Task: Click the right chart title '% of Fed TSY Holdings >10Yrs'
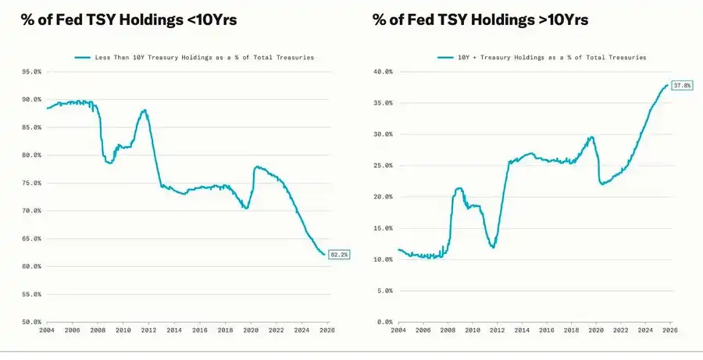tap(480, 20)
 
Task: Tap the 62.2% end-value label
tap(340, 254)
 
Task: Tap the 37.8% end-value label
tap(682, 85)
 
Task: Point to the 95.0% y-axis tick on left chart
tap(31, 72)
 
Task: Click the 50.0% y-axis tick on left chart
tap(31, 322)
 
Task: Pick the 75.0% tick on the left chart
tap(31, 184)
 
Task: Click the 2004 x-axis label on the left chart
tap(47, 331)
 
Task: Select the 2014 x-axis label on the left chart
tap(174, 331)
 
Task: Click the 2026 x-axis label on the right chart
tap(670, 331)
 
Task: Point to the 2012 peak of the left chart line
tap(145, 110)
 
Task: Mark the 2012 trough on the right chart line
tap(493, 247)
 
